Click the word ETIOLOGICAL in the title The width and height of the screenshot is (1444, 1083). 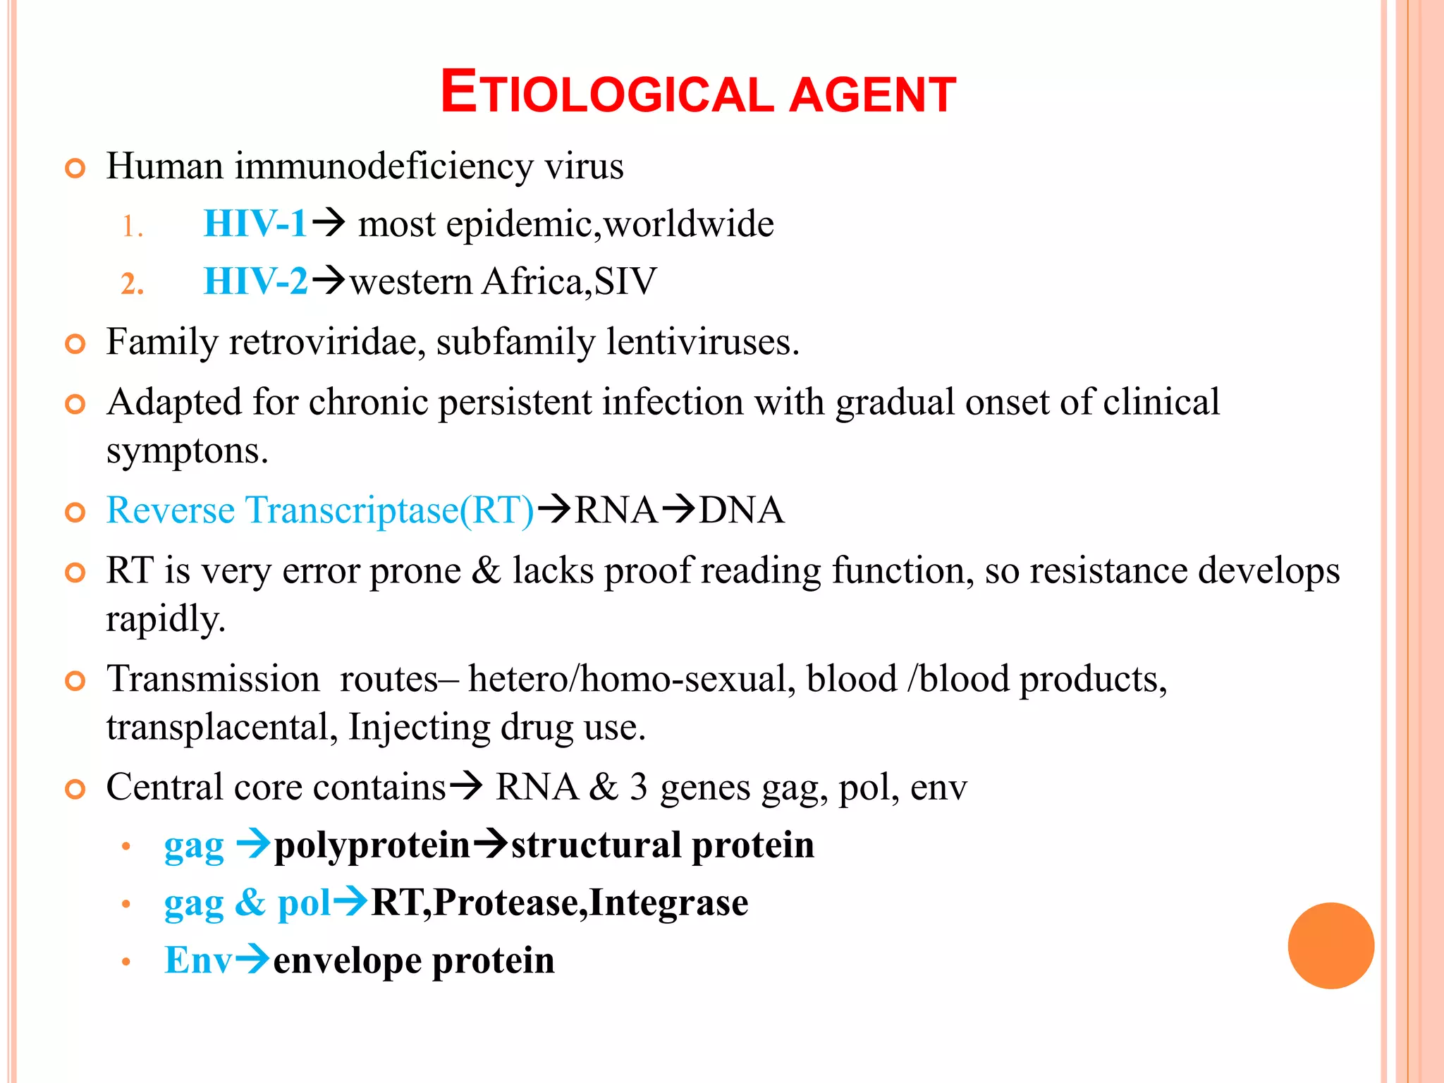point(606,94)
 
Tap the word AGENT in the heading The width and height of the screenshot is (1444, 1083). point(872,95)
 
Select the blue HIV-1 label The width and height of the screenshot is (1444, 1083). point(255,224)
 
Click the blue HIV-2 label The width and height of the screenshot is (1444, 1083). point(255,282)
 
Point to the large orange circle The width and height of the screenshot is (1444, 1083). point(1330,946)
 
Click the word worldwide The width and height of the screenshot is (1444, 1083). point(689,224)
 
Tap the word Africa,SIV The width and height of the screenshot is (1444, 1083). point(569,282)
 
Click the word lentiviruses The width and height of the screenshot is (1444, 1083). point(703,343)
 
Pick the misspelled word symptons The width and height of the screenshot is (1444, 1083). point(187,452)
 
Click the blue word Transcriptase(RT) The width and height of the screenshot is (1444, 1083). point(390,510)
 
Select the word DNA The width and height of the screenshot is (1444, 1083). point(742,510)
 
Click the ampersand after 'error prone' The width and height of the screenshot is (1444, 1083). point(486,570)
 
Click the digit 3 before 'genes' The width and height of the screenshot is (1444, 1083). point(639,787)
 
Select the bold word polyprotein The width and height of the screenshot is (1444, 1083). point(372,845)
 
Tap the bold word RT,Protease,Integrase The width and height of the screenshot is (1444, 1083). point(560,903)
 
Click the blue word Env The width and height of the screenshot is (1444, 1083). point(197,960)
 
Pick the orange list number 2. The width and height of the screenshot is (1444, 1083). point(132,284)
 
